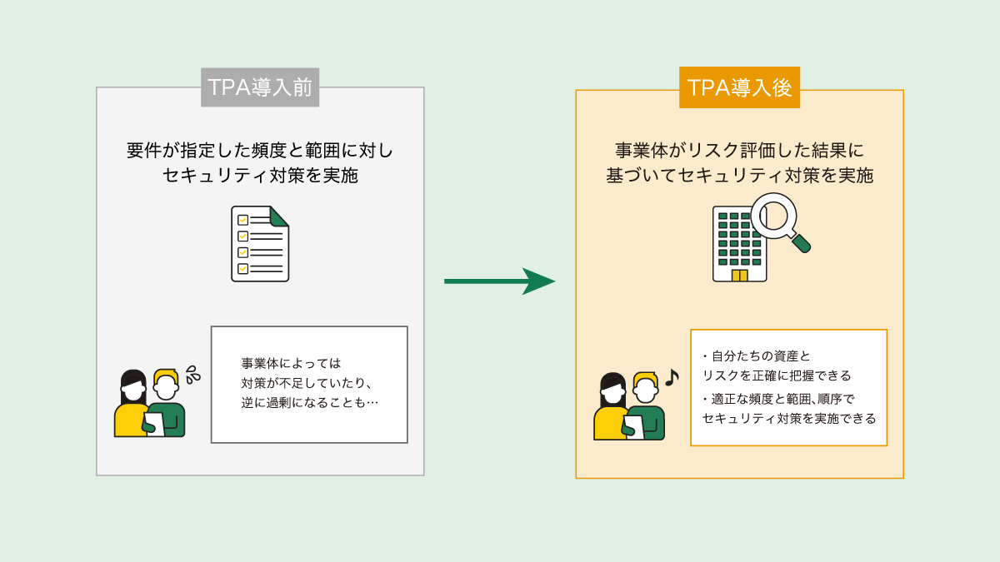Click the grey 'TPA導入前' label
(x=260, y=87)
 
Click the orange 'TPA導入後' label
(x=739, y=87)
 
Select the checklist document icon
(x=260, y=243)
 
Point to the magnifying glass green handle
(x=801, y=243)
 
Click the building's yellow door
(x=739, y=275)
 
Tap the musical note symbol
(x=672, y=378)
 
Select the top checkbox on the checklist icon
(x=243, y=221)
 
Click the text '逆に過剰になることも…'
(x=308, y=404)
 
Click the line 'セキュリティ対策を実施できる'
(x=789, y=418)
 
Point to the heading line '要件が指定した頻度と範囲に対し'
(x=260, y=151)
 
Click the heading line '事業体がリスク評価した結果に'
(x=739, y=151)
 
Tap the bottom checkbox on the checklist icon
(x=243, y=268)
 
